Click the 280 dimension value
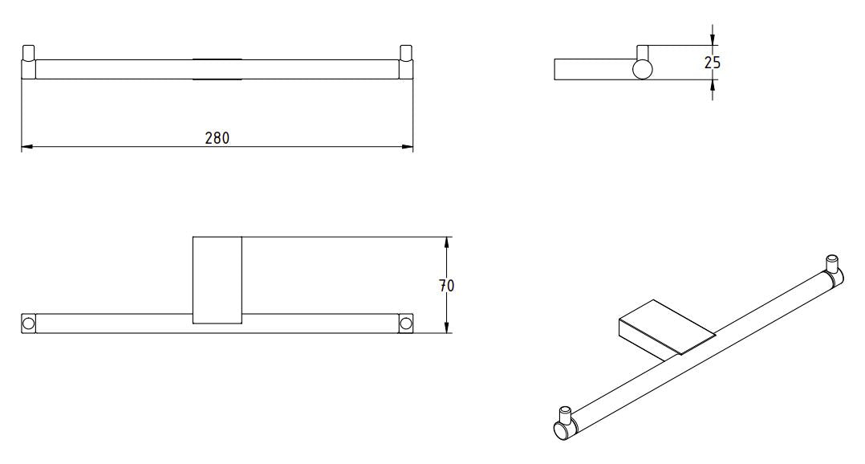pyautogui.click(x=217, y=138)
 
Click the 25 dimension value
pyautogui.click(x=713, y=63)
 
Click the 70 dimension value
pyautogui.click(x=446, y=286)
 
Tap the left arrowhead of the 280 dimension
pyautogui.click(x=27, y=147)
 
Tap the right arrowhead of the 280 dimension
pyautogui.click(x=407, y=147)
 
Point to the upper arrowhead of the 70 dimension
pyautogui.click(x=446, y=242)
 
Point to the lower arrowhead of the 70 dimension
pyautogui.click(x=446, y=328)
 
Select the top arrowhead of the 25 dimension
pyautogui.click(x=713, y=39)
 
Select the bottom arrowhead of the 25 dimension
pyautogui.click(x=713, y=86)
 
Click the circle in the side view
pyautogui.click(x=642, y=70)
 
